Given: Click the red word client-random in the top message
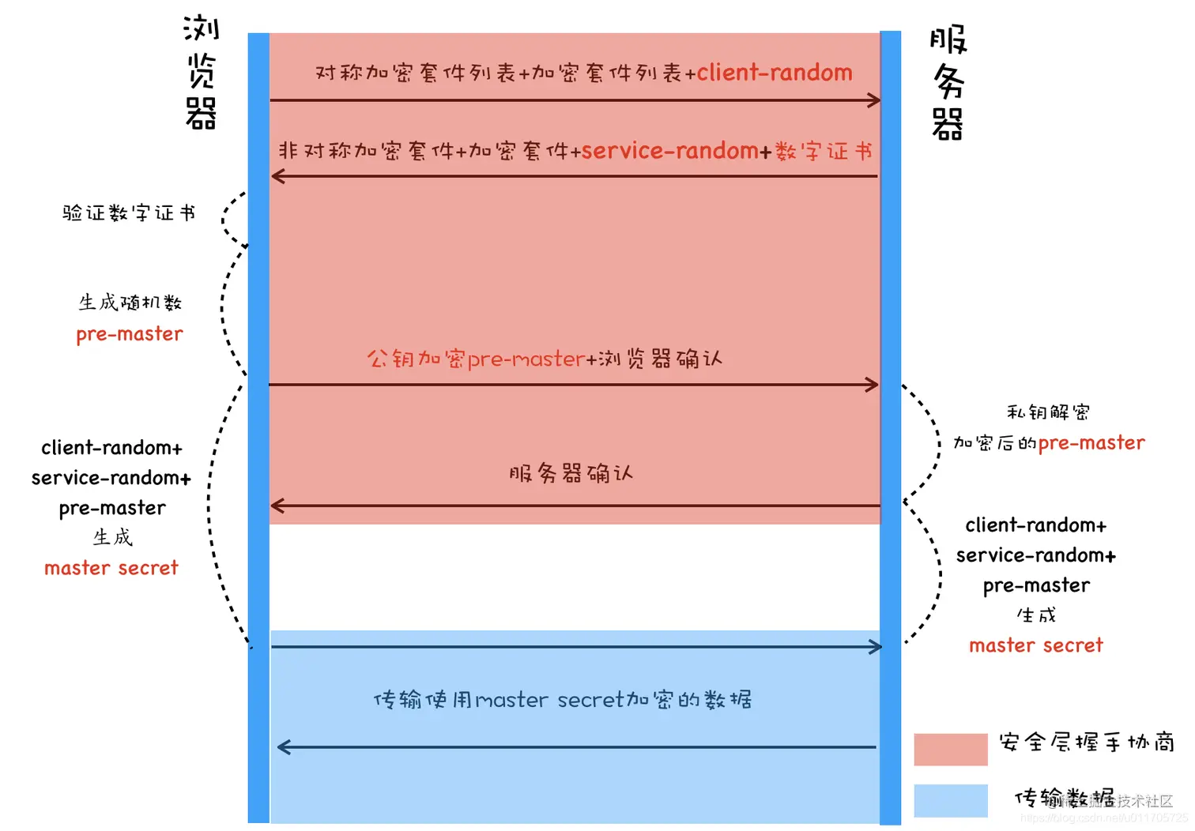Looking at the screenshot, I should tap(774, 73).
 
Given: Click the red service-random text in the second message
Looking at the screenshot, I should tap(669, 151).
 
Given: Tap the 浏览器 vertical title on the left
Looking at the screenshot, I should tap(201, 72).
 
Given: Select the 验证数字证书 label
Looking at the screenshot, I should tap(129, 213).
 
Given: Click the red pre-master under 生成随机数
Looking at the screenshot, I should tap(130, 334).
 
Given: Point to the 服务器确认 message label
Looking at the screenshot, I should tap(571, 474).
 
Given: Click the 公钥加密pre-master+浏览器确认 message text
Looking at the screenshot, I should tap(544, 359).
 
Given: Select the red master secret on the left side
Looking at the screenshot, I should tap(111, 568).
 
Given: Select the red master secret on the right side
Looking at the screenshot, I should tap(1035, 645).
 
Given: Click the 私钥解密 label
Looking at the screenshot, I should tap(1048, 412).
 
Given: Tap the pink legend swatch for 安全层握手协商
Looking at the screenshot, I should tap(950, 749).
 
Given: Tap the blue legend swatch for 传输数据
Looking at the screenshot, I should tap(950, 800).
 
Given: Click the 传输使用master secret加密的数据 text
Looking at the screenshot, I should tap(562, 700).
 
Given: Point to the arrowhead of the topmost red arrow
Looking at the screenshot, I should tap(874, 100).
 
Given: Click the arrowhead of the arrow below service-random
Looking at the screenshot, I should tap(277, 176).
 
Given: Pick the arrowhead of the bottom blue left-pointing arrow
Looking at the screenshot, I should tap(284, 747).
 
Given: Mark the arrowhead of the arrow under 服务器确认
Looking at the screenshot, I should tap(277, 506).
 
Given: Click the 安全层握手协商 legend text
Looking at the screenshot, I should tap(1086, 743).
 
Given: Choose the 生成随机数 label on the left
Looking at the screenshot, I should tap(130, 303).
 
